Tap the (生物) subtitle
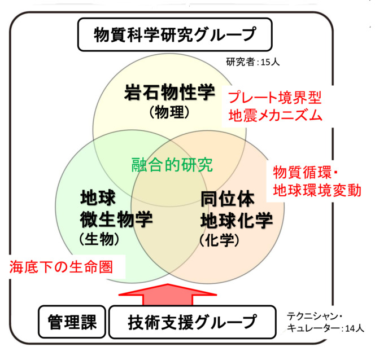point(99,239)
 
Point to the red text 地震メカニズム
point(275,117)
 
